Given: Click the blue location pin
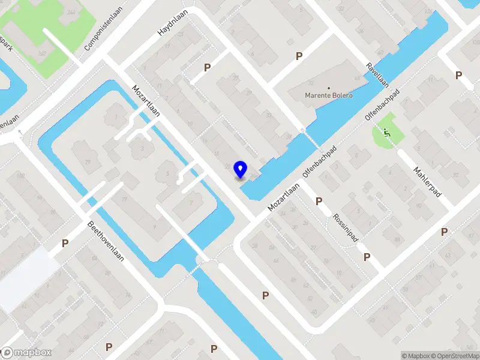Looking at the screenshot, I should (241, 170).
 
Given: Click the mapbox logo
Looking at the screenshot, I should (26, 353).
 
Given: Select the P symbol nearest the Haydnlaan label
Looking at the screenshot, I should (208, 67).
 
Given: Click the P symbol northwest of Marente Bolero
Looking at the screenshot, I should (299, 56).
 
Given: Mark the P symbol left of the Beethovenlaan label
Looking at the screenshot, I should (65, 244).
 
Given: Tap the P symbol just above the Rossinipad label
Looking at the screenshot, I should (319, 202).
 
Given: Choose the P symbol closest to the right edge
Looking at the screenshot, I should (458, 75).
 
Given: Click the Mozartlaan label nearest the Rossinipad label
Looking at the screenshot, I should (283, 196).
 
